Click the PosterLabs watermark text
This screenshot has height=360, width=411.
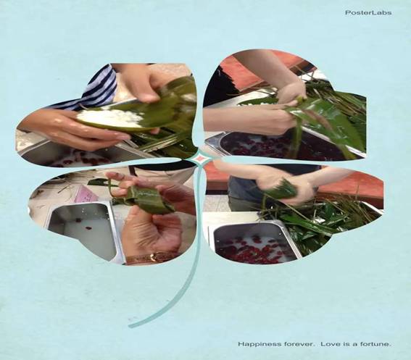click(x=368, y=12)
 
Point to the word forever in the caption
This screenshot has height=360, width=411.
click(x=298, y=344)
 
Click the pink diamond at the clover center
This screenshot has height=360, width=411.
click(x=200, y=159)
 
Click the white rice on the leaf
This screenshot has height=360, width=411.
click(x=111, y=117)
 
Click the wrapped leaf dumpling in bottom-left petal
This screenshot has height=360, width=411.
click(x=146, y=200)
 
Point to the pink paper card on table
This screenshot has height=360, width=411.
click(x=86, y=194)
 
